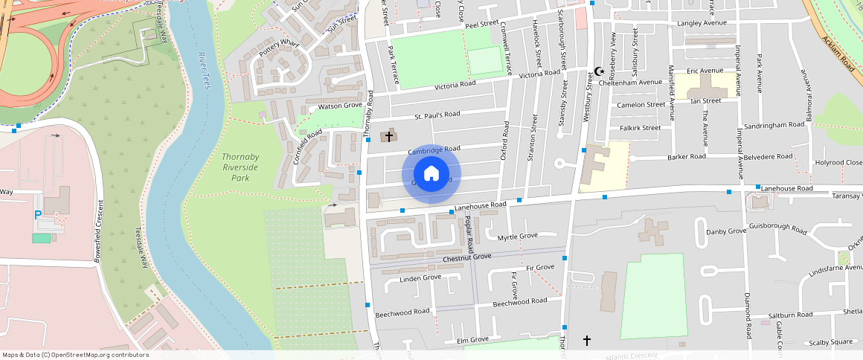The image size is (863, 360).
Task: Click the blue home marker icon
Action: click(x=431, y=174)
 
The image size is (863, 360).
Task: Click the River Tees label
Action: click(x=205, y=71)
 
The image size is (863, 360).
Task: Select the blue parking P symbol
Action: click(x=38, y=215)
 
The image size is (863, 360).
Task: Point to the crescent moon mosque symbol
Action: click(x=598, y=72)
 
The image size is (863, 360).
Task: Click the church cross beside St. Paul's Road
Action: click(x=388, y=136)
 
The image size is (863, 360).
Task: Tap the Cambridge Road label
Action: click(x=434, y=150)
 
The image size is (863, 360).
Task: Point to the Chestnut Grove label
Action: click(x=466, y=257)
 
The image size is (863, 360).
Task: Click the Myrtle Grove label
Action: click(x=517, y=237)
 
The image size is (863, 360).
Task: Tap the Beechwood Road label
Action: click(x=402, y=312)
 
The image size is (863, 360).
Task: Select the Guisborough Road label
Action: click(x=777, y=227)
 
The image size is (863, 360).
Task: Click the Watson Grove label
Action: click(x=340, y=106)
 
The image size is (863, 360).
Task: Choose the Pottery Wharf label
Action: click(x=279, y=49)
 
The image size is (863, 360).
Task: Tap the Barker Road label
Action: click(x=686, y=157)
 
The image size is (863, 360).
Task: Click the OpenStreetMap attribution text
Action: click(x=75, y=355)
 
